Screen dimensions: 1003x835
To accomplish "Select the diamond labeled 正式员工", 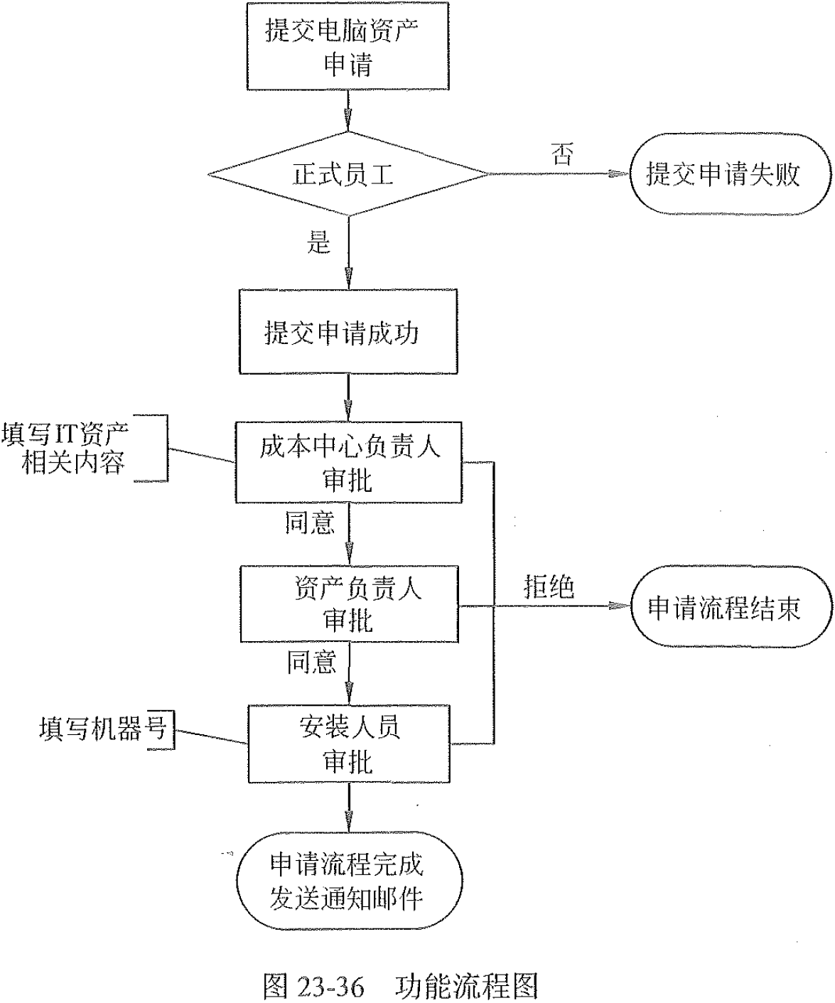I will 348,173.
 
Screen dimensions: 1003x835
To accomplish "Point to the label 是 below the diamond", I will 318,243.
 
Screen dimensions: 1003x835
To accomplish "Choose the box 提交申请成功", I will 348,332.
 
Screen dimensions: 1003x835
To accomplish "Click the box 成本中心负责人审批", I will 348,463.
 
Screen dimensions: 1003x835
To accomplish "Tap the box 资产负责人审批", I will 351,604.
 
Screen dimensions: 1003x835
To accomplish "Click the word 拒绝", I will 548,587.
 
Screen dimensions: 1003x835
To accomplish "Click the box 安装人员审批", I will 349,744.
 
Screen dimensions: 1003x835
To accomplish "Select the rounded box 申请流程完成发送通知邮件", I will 348,881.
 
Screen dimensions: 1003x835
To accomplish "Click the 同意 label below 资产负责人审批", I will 311,662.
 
